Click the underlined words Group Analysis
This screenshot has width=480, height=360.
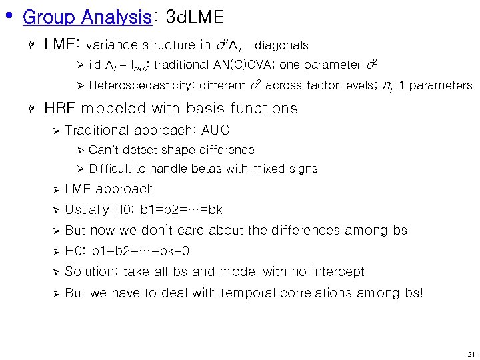pyautogui.click(x=87, y=17)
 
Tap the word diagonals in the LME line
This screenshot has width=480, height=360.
pyautogui.click(x=281, y=46)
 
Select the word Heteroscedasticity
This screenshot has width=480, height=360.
pyautogui.click(x=141, y=85)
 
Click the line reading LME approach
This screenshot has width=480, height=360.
pyautogui.click(x=109, y=189)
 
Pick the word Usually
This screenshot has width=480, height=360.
pyautogui.click(x=87, y=210)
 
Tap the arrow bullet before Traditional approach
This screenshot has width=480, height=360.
pyautogui.click(x=56, y=131)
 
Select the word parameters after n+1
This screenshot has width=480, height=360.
pyautogui.click(x=441, y=85)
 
